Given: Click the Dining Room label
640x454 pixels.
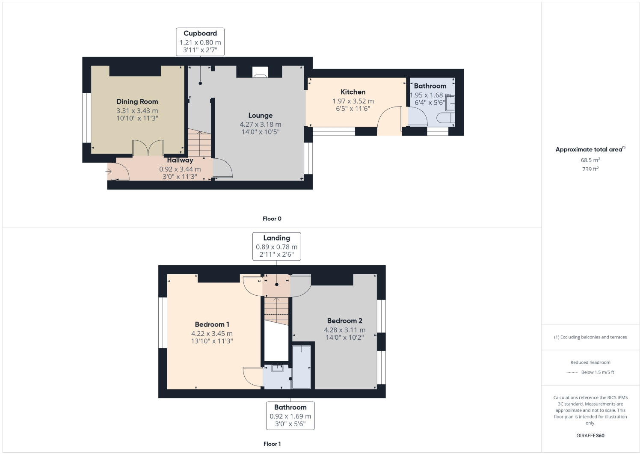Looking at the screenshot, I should pyautogui.click(x=137, y=101).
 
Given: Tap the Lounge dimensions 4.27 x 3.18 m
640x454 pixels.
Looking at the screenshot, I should pyautogui.click(x=260, y=125).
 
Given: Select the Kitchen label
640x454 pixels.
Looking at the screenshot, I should pyautogui.click(x=353, y=92).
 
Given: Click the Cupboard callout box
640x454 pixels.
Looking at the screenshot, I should pyautogui.click(x=200, y=42).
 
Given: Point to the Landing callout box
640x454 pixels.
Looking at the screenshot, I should pyautogui.click(x=276, y=246).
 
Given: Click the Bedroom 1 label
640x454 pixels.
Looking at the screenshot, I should pyautogui.click(x=212, y=324).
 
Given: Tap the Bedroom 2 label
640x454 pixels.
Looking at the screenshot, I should pyautogui.click(x=344, y=320).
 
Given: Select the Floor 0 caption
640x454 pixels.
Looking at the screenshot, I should pyautogui.click(x=272, y=219).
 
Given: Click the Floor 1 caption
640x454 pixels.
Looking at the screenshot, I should pyautogui.click(x=272, y=444).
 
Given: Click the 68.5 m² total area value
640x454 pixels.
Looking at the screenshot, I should pyautogui.click(x=590, y=160).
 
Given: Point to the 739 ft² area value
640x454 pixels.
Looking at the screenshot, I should pyautogui.click(x=590, y=169).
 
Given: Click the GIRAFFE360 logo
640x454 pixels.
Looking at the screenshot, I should pyautogui.click(x=590, y=436).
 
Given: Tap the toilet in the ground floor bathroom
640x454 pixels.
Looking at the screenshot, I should pyautogui.click(x=446, y=118).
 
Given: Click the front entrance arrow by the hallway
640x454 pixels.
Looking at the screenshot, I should pyautogui.click(x=109, y=172).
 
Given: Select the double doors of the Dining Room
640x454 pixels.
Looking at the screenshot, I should pyautogui.click(x=148, y=148).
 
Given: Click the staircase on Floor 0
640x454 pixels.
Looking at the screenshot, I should pyautogui.click(x=199, y=143).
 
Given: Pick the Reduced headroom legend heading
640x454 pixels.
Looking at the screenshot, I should pyautogui.click(x=590, y=362).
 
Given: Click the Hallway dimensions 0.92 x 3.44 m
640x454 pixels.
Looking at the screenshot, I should pyautogui.click(x=180, y=169).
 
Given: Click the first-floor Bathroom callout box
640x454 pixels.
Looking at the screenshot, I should pyautogui.click(x=290, y=415).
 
